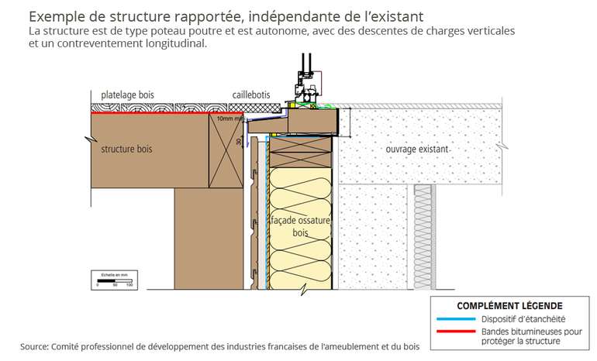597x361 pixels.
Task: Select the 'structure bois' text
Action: (x=129, y=149)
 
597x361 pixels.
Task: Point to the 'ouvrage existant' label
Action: (x=417, y=148)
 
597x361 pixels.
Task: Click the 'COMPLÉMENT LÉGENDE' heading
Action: (x=509, y=306)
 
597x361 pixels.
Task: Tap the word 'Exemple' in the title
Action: (x=57, y=15)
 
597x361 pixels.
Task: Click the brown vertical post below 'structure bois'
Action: (x=198, y=232)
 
